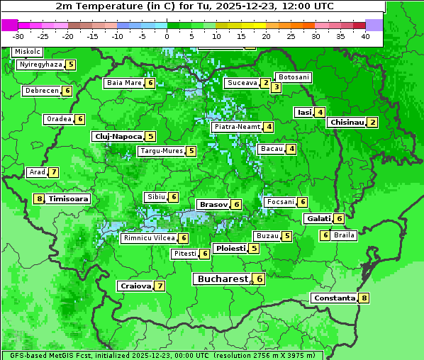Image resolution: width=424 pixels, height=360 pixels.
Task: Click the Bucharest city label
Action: [222, 279]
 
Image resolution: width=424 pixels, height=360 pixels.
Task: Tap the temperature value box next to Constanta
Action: [364, 298]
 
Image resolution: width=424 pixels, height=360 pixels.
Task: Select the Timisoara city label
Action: [68, 199]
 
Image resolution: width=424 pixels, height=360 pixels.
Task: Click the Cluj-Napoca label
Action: [118, 136]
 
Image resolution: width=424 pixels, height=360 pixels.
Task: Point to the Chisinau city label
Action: [347, 122]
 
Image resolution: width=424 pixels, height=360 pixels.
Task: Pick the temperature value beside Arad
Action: [54, 172]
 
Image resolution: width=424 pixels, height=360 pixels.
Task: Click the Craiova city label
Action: [135, 286]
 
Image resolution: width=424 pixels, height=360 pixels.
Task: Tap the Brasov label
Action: [213, 204]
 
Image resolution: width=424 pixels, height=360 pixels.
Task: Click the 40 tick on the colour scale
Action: [365, 36]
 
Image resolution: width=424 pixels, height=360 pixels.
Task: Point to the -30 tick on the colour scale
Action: [18, 36]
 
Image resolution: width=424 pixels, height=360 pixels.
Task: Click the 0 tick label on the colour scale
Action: [167, 36]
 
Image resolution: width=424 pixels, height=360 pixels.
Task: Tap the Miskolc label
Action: [28, 52]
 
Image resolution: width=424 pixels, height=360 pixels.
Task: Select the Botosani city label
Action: [294, 77]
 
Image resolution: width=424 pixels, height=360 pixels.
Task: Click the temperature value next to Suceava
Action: [265, 83]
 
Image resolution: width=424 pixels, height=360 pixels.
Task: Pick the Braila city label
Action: [344, 235]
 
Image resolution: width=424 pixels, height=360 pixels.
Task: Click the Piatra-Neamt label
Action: [237, 127]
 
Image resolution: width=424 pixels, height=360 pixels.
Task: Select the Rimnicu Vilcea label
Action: [148, 239]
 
